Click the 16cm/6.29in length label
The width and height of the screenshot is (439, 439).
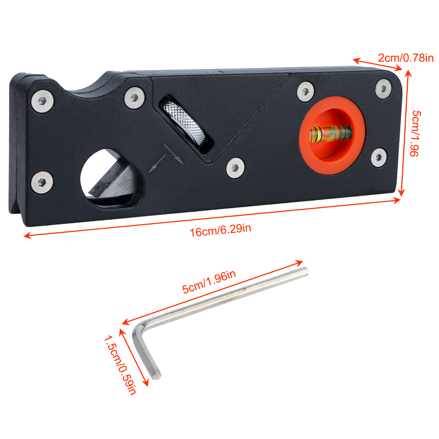(221, 230)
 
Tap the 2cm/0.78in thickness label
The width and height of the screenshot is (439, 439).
(406, 58)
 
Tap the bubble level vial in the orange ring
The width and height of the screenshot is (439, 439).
(331, 133)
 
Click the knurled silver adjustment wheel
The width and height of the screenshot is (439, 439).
(182, 122)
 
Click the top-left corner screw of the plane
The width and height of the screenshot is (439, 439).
(42, 101)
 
